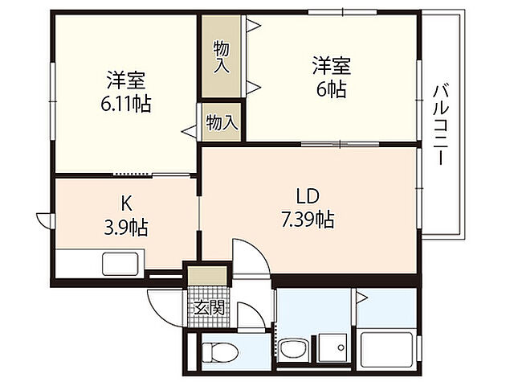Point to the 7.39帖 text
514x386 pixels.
308,218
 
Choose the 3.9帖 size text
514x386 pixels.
126,228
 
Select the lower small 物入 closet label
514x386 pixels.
222,123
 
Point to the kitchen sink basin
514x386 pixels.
119,263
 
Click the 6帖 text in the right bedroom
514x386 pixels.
332,89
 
